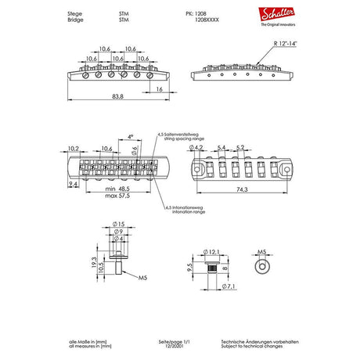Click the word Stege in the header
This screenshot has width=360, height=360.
[76, 13]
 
